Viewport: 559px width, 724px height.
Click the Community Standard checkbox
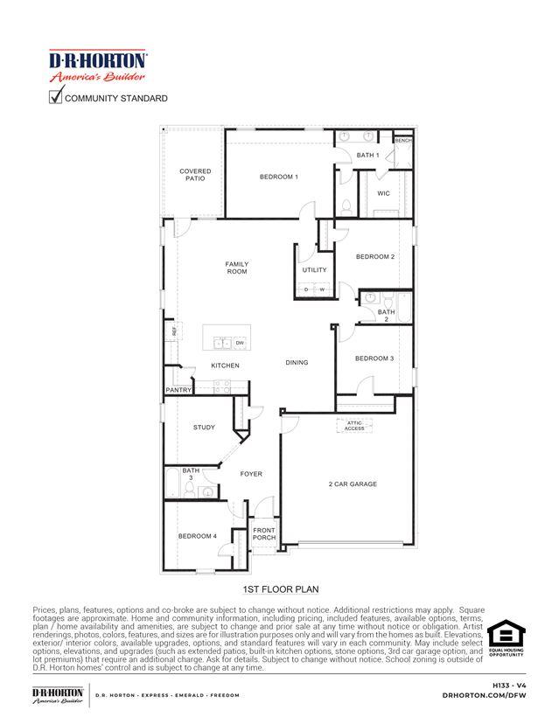[x=55, y=97]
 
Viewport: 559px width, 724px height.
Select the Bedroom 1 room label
[x=278, y=177]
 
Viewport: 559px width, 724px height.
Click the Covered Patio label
[x=195, y=175]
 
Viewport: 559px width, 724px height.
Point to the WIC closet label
[x=383, y=193]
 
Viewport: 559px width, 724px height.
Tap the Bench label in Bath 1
[x=402, y=140]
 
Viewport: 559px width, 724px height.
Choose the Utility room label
[x=314, y=270]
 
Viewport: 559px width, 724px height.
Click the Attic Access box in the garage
[x=354, y=426]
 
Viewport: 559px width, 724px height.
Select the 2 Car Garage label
[x=353, y=484]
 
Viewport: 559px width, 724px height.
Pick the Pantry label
[x=178, y=390]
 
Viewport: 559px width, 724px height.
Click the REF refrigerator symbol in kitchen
[x=174, y=331]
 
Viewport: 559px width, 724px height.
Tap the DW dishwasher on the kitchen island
[x=239, y=343]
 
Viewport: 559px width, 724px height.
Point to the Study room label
[x=204, y=428]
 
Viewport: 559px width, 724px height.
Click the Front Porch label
[x=264, y=533]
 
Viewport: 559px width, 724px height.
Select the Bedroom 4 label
[x=197, y=536]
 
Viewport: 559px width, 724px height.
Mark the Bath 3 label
[x=191, y=473]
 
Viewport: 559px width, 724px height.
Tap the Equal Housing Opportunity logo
[x=505, y=637]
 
